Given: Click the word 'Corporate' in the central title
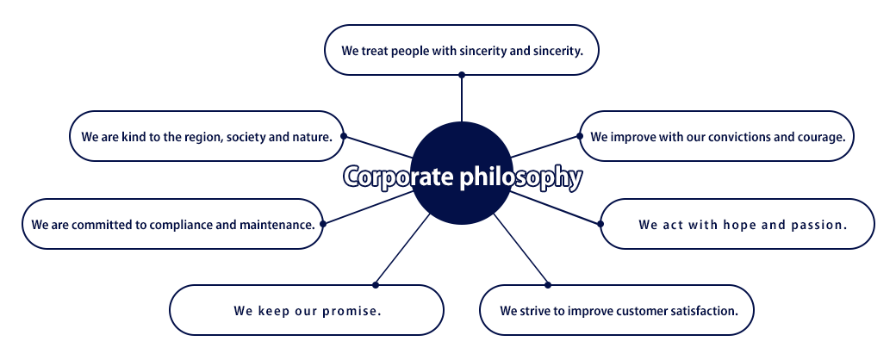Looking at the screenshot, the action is pos(400,177).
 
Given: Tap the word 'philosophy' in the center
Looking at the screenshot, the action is pos(522,177).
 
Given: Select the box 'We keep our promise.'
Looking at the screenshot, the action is pos(307,310).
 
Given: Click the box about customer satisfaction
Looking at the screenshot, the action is pos(617,310).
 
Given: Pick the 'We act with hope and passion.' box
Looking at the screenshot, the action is pos(737,224).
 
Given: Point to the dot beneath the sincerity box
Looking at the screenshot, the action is pos(462,75).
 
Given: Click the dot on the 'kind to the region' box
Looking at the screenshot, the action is pos(344,136).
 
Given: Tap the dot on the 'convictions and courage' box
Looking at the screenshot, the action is pos(580,136).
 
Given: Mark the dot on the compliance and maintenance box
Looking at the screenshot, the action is pos(323,224).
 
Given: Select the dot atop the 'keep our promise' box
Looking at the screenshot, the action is pos(376,284).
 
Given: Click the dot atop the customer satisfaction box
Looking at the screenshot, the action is pos(548,284).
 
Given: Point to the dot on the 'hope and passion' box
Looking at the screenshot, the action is pos(600,224).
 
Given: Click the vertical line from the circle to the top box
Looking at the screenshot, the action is pos(462,98).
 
